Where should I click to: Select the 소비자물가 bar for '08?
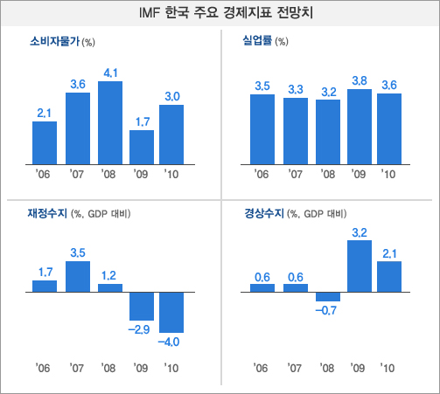tap(109, 122)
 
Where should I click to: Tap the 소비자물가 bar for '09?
tap(142, 147)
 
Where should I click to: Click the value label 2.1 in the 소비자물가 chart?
tap(45, 113)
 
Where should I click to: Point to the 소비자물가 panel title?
tap(54, 41)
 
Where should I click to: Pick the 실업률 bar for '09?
tap(359, 127)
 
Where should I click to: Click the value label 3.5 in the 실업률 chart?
tap(262, 85)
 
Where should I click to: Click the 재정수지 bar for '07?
tap(77, 276)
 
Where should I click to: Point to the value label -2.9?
tap(141, 328)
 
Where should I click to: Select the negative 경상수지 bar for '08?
tap(327, 296)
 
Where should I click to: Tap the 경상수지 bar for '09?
tap(359, 266)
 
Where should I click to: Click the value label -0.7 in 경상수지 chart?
tap(327, 310)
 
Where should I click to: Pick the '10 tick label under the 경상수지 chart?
tap(389, 367)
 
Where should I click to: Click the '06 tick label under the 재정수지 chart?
tap(44, 367)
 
